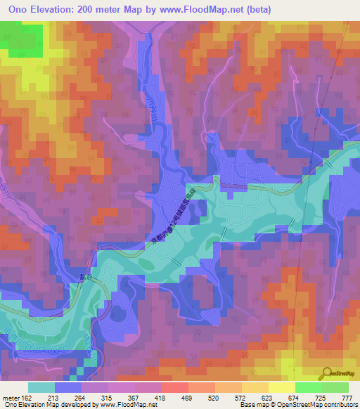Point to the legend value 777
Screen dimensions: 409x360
[x=347, y=397]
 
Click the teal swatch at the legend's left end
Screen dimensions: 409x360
[x=41, y=387]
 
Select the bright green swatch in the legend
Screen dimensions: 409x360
[x=307, y=387]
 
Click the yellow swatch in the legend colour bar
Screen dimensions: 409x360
[x=281, y=387]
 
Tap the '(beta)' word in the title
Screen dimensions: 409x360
[x=257, y=10]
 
